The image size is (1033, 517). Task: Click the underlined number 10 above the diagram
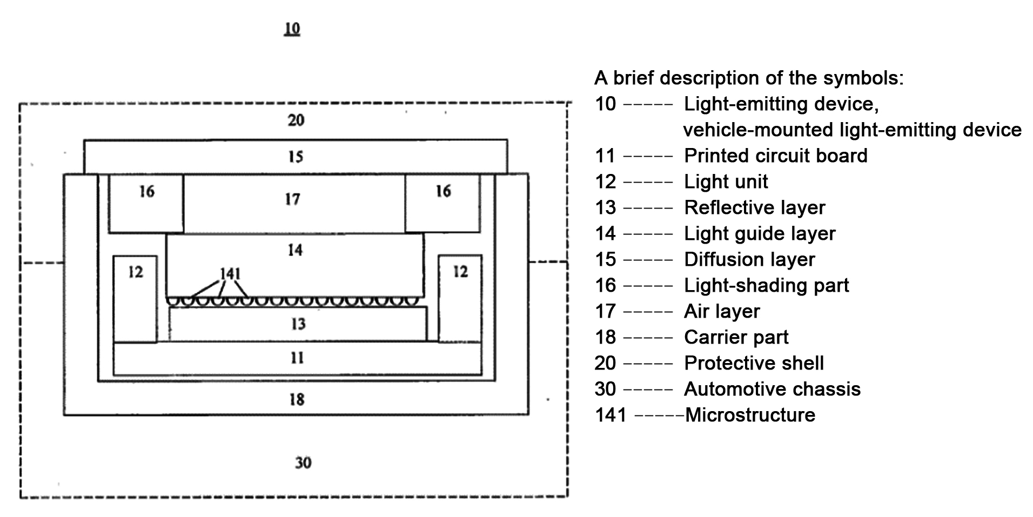(x=292, y=28)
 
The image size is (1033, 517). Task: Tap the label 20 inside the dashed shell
(x=296, y=120)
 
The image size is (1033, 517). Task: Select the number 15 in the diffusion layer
(x=296, y=157)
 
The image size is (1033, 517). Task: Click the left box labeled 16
(x=146, y=203)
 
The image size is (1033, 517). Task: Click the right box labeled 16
(x=442, y=203)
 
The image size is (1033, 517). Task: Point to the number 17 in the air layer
(x=292, y=199)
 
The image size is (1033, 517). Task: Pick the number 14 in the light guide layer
(x=295, y=250)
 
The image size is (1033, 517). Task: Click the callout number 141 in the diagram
(x=230, y=274)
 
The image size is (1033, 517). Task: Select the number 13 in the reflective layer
(x=298, y=324)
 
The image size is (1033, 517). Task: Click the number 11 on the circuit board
(x=297, y=358)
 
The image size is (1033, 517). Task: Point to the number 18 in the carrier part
(x=297, y=400)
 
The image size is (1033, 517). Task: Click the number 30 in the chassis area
(x=303, y=463)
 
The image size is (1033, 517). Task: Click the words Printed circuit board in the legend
(x=775, y=156)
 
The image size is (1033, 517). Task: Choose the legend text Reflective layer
(x=754, y=207)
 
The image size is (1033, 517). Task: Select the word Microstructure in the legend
(x=750, y=415)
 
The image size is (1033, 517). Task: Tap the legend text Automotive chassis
(x=772, y=389)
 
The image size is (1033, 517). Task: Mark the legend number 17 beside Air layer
(x=605, y=311)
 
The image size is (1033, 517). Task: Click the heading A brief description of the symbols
(x=749, y=78)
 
